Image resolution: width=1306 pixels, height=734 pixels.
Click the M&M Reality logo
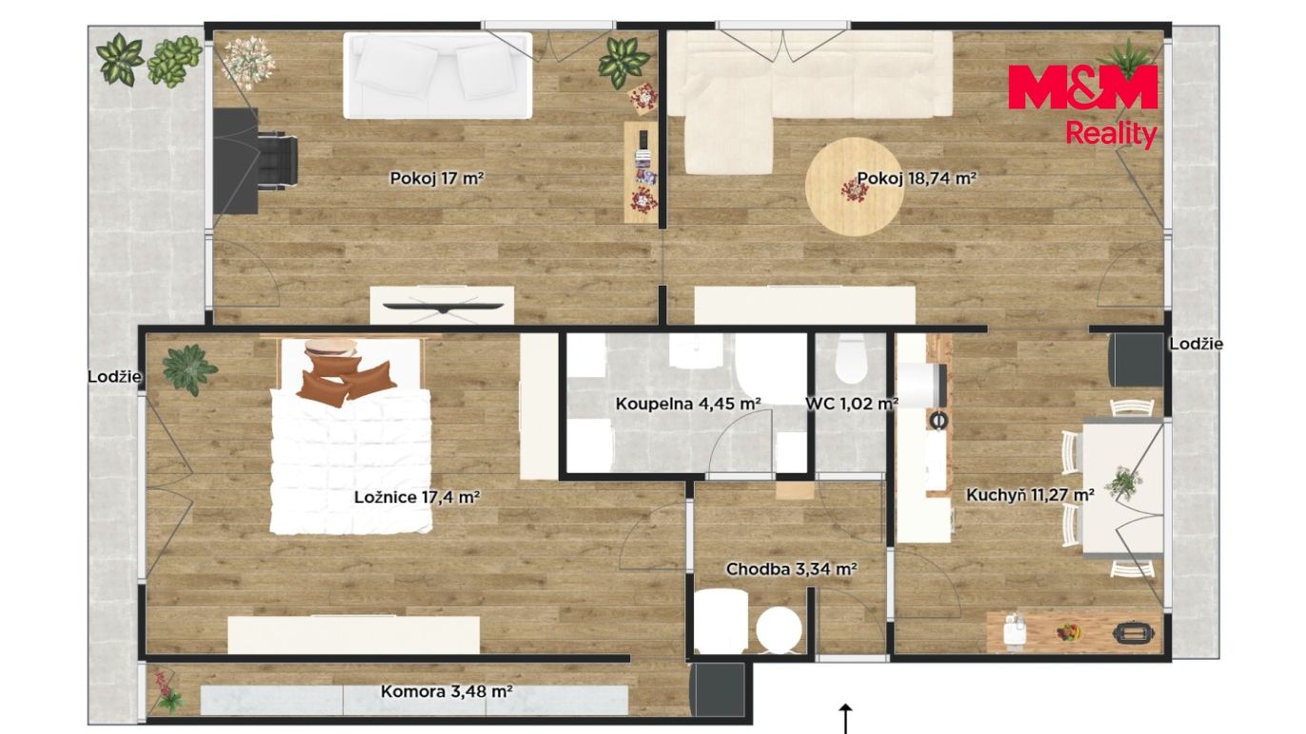[1082, 106]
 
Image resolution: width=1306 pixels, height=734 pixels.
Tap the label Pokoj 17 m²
[437, 178]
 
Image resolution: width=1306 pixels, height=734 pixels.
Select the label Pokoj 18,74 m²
[917, 178]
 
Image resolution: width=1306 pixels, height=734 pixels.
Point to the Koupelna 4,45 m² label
[688, 404]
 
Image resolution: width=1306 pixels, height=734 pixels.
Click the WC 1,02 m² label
[851, 404]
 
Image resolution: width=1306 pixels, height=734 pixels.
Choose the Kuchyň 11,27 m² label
[1030, 495]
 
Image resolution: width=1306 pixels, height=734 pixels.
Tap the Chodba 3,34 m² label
[791, 568]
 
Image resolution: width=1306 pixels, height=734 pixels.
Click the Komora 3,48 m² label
[446, 691]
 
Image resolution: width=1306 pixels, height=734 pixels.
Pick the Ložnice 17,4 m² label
[417, 497]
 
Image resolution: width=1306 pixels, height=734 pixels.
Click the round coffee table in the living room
[854, 187]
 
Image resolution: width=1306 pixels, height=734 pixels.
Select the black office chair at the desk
[277, 161]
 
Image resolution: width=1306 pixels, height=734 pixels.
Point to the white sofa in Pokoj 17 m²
[437, 75]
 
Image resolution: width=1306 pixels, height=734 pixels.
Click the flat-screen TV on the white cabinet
[444, 307]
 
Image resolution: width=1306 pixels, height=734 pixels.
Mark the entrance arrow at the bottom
[845, 718]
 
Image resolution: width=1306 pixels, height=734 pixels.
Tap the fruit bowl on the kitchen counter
[1069, 632]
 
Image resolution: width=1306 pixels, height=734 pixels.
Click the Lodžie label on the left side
[114, 377]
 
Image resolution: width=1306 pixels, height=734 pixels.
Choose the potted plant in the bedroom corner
[188, 369]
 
